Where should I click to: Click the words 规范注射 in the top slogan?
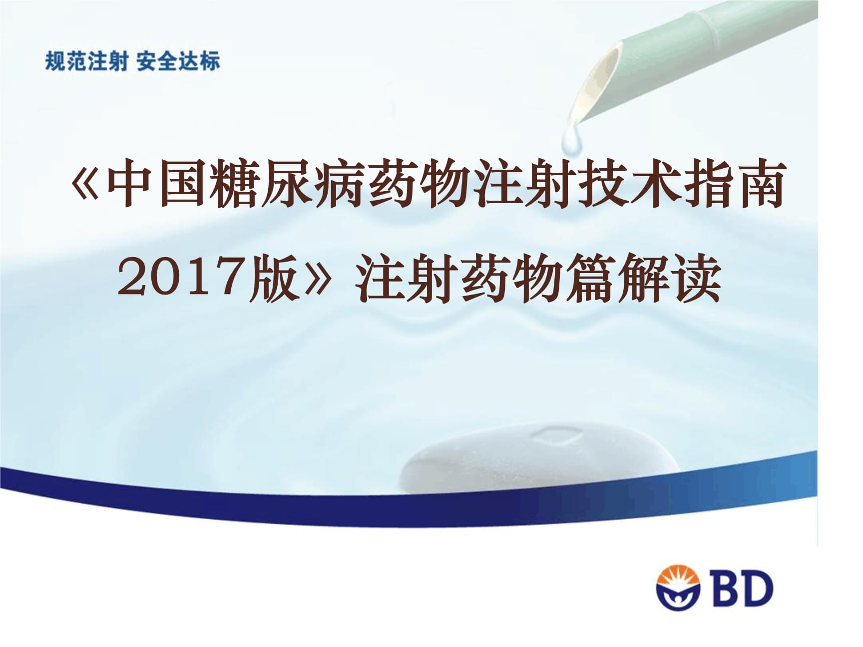click(x=86, y=61)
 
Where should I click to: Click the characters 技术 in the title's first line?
click(x=627, y=184)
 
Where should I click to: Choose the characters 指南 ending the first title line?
click(x=732, y=184)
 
